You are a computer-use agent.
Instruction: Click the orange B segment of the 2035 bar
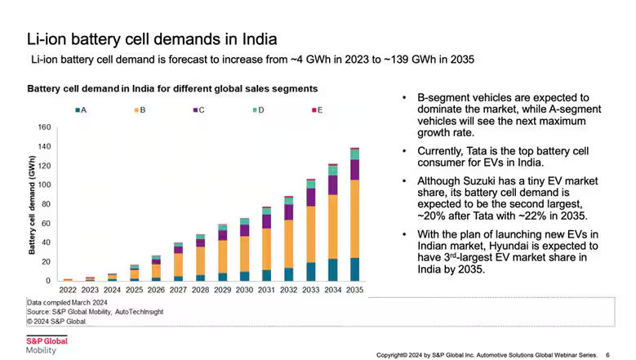pos(354,219)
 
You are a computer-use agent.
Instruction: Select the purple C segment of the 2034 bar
pos(332,184)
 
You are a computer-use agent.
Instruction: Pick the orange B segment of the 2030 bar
pos(244,254)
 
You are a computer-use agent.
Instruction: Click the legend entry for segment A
pos(82,109)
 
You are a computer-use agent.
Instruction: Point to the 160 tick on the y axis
pos(45,127)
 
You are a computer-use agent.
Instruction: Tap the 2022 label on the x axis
pos(69,289)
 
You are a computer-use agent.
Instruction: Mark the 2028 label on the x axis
pos(200,289)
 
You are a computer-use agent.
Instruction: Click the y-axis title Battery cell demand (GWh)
pos(32,204)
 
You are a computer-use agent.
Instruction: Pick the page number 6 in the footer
pos(607,355)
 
